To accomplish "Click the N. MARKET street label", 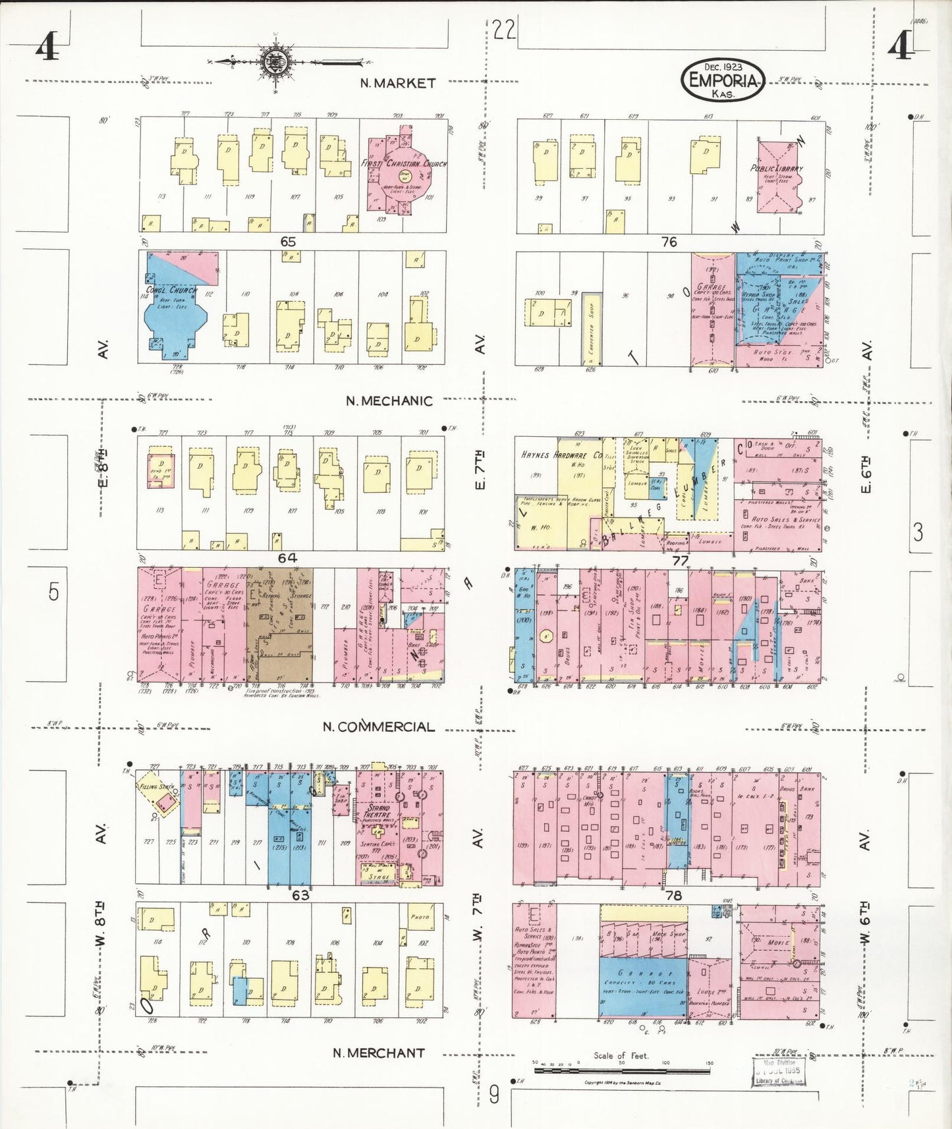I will (x=397, y=83).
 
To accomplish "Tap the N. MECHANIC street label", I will (x=389, y=400).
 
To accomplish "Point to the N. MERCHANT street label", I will (x=378, y=1053).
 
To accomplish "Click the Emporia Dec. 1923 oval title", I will (x=723, y=80).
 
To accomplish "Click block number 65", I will (x=288, y=242).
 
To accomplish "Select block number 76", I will (x=669, y=242).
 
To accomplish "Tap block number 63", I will (x=300, y=895).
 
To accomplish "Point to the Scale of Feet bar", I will (x=621, y=1071).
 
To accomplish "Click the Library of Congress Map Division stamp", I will (x=778, y=1072).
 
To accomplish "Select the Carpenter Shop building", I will (x=591, y=329).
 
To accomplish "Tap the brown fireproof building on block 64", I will (x=279, y=624).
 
